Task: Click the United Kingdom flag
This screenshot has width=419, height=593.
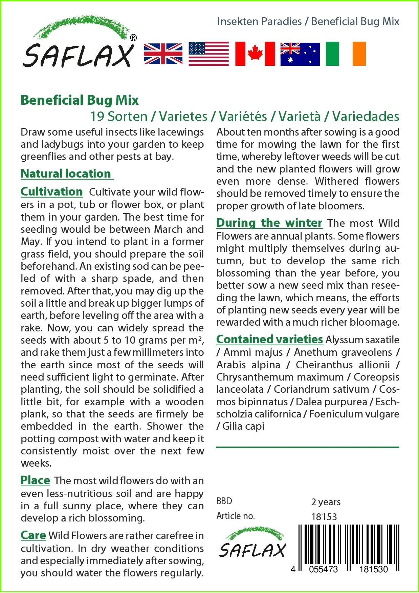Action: (163, 54)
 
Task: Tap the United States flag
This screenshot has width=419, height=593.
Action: (208, 54)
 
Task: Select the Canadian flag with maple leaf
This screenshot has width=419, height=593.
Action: (255, 54)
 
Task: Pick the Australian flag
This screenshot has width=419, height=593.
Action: (300, 54)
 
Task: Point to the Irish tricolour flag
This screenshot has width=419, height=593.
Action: (346, 54)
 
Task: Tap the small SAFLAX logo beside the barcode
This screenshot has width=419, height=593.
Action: (252, 543)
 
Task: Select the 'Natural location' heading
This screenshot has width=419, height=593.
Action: (66, 173)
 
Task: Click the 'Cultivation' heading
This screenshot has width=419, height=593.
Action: (51, 191)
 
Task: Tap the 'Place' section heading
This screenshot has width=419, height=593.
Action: (35, 480)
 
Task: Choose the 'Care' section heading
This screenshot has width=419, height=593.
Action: (33, 535)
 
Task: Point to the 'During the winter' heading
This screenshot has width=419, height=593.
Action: (269, 223)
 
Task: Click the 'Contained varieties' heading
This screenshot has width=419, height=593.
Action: (269, 339)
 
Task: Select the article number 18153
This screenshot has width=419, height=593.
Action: (324, 517)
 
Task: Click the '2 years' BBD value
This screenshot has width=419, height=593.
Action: (326, 502)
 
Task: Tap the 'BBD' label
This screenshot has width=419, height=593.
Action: (224, 502)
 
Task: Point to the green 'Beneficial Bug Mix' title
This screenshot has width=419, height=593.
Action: (80, 100)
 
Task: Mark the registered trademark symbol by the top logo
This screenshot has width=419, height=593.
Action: (133, 38)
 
